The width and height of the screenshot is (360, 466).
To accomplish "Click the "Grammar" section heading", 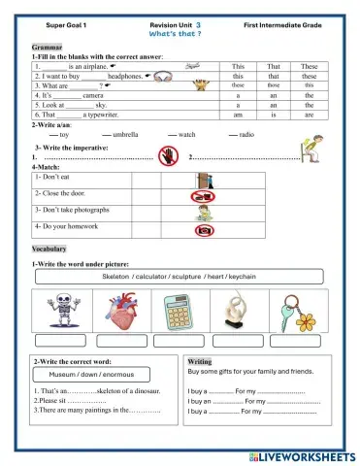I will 47,47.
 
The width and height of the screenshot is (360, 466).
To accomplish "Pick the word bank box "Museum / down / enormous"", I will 86,373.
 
